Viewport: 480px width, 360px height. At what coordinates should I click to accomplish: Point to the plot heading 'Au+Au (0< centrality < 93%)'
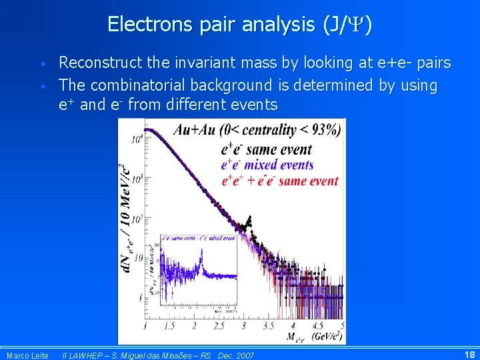[x=257, y=129]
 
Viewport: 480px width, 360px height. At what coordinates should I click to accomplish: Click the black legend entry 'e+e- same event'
[x=266, y=150]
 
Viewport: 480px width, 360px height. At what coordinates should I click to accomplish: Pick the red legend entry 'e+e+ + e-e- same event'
[x=279, y=180]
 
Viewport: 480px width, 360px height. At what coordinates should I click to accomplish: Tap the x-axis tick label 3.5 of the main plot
[x=269, y=325]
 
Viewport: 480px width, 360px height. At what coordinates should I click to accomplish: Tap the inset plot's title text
[x=198, y=238]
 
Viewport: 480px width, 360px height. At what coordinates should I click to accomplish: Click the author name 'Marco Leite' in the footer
[x=27, y=355]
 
